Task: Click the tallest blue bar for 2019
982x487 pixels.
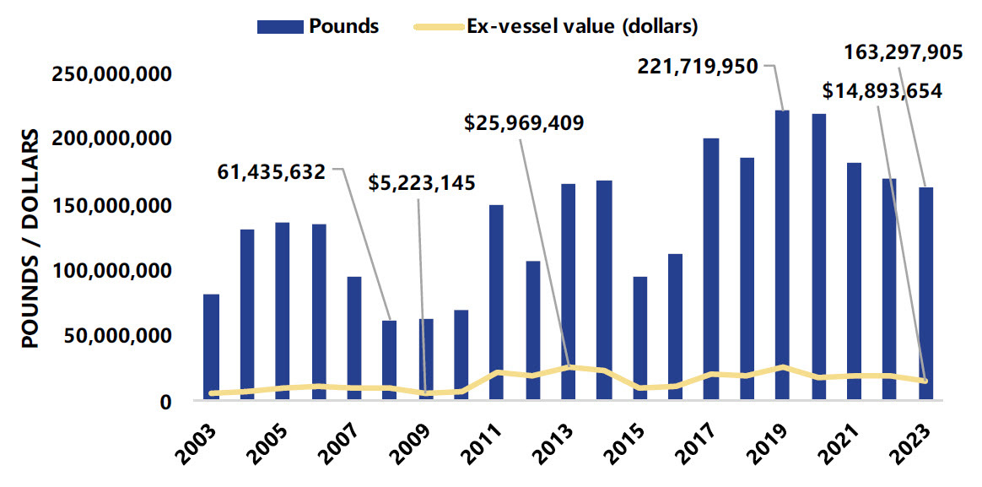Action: click(x=783, y=253)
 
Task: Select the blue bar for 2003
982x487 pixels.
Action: click(x=211, y=346)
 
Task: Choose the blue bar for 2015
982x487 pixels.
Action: click(x=639, y=338)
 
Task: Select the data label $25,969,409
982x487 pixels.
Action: click(x=524, y=122)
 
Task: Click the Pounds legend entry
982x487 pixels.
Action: click(x=318, y=26)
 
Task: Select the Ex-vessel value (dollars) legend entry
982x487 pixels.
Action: click(x=556, y=26)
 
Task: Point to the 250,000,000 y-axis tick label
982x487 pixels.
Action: click(x=112, y=75)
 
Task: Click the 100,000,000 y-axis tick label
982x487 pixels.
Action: click(x=112, y=271)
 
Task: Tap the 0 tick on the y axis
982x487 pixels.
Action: click(x=167, y=403)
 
